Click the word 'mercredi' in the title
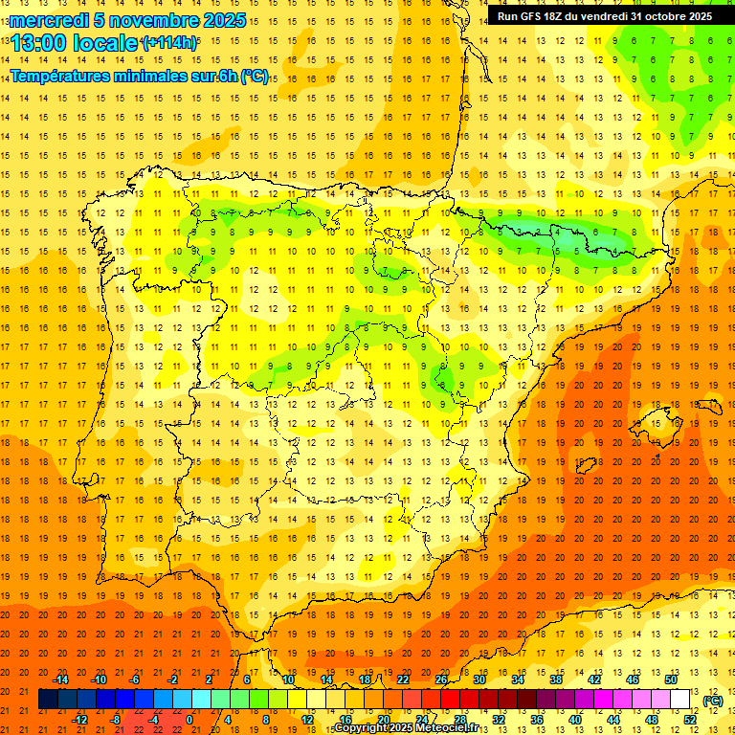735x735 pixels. (49, 20)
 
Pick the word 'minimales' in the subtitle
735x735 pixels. (170, 76)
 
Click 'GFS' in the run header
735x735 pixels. (537, 16)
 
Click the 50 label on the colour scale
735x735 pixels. (670, 679)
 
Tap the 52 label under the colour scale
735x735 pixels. (689, 719)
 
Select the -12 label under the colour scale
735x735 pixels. (79, 719)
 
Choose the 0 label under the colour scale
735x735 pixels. (189, 719)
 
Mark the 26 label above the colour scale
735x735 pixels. (441, 679)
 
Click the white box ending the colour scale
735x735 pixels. (680, 700)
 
